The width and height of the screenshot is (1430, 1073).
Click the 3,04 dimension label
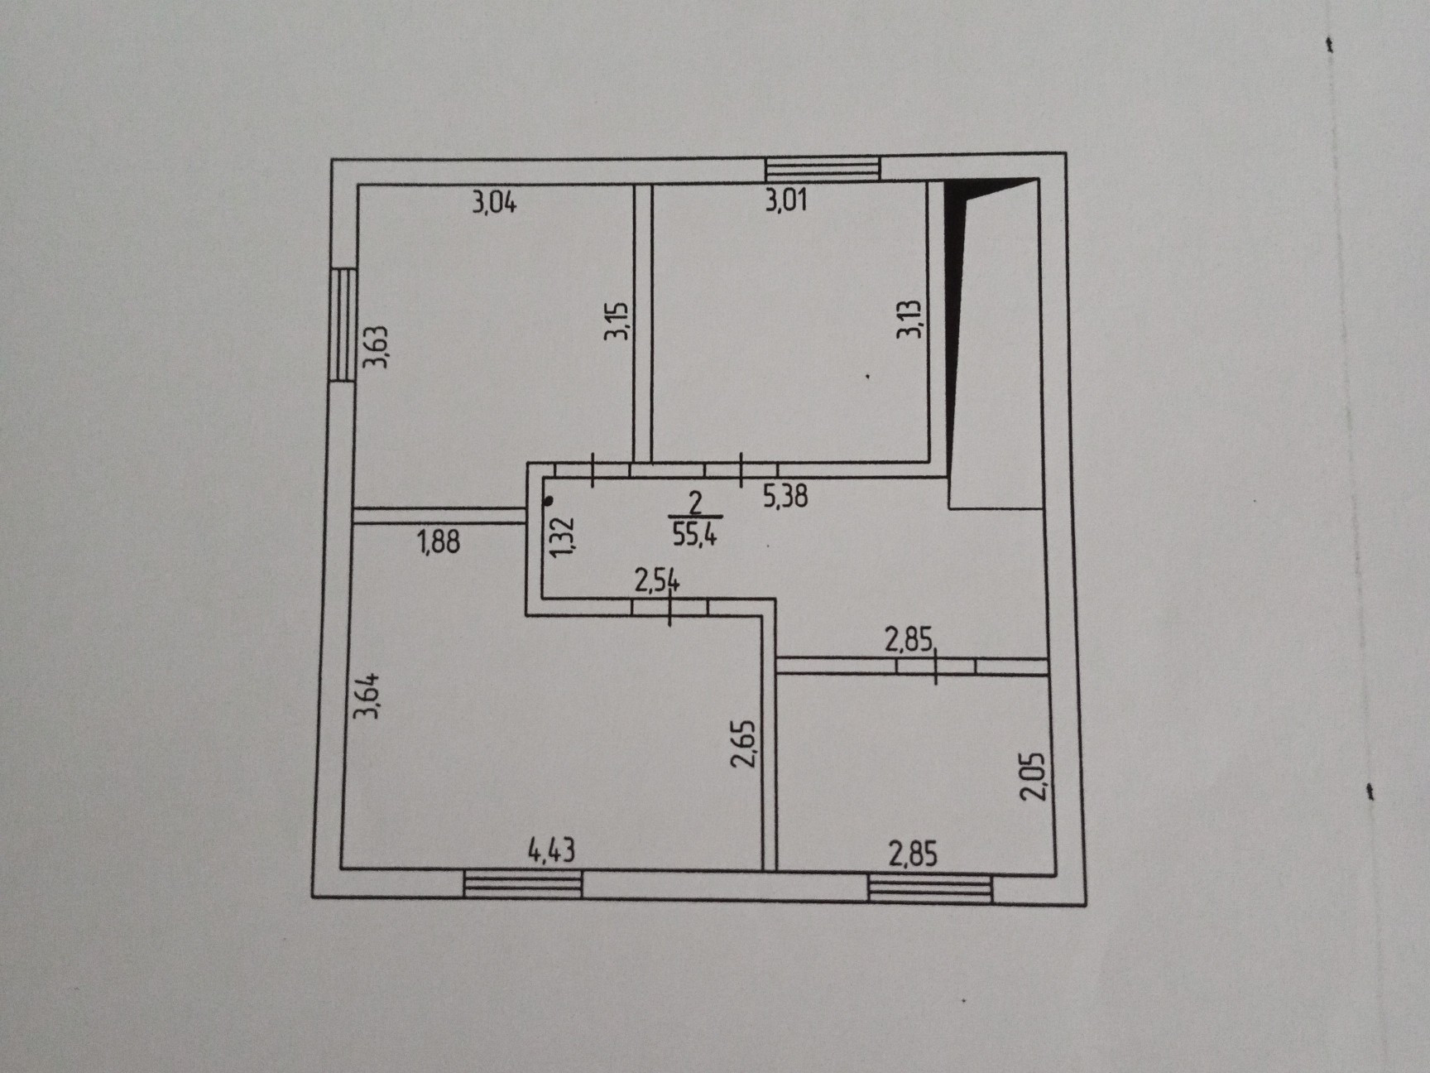[494, 202]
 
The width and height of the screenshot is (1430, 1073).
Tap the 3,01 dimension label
[785, 200]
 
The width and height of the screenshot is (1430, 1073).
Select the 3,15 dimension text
[617, 320]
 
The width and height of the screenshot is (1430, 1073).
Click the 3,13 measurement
[910, 319]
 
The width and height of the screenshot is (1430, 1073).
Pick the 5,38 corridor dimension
[785, 496]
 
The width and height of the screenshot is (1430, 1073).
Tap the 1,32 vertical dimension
[562, 536]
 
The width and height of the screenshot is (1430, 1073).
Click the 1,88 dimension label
[439, 542]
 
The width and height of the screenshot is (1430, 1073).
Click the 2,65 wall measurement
[744, 744]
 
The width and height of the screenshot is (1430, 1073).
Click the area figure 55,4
[694, 534]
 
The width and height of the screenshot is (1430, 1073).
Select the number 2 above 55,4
[695, 503]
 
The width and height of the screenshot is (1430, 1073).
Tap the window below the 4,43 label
[523, 884]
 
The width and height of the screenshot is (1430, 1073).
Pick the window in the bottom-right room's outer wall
[929, 889]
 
